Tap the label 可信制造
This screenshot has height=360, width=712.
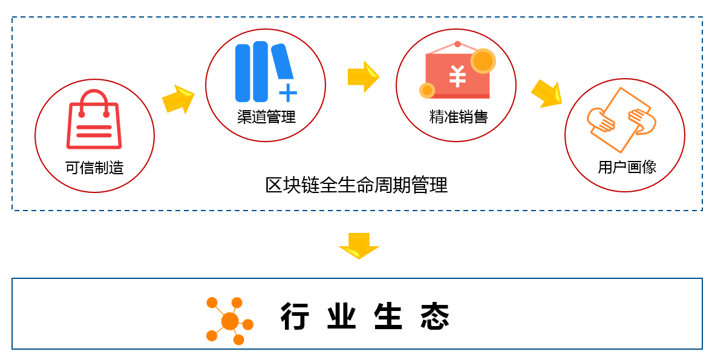[x=94, y=168]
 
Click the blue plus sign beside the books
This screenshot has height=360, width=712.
[x=288, y=93]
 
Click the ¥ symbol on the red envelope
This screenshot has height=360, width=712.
[x=457, y=77]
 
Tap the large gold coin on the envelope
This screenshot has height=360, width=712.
[x=483, y=61]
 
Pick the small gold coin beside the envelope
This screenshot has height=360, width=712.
[x=427, y=90]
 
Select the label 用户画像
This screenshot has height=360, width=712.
[x=627, y=167]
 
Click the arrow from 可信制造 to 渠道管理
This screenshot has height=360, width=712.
[x=178, y=99]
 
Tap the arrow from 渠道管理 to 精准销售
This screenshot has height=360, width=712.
[x=363, y=77]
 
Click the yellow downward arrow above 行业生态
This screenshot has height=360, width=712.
[x=359, y=245]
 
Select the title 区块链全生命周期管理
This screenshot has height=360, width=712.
[x=356, y=185]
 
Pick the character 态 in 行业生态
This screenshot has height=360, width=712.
[x=436, y=316]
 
